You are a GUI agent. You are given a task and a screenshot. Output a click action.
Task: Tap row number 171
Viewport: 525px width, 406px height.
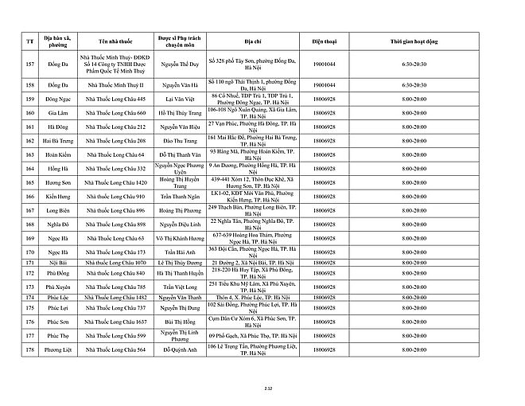point(30,263)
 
